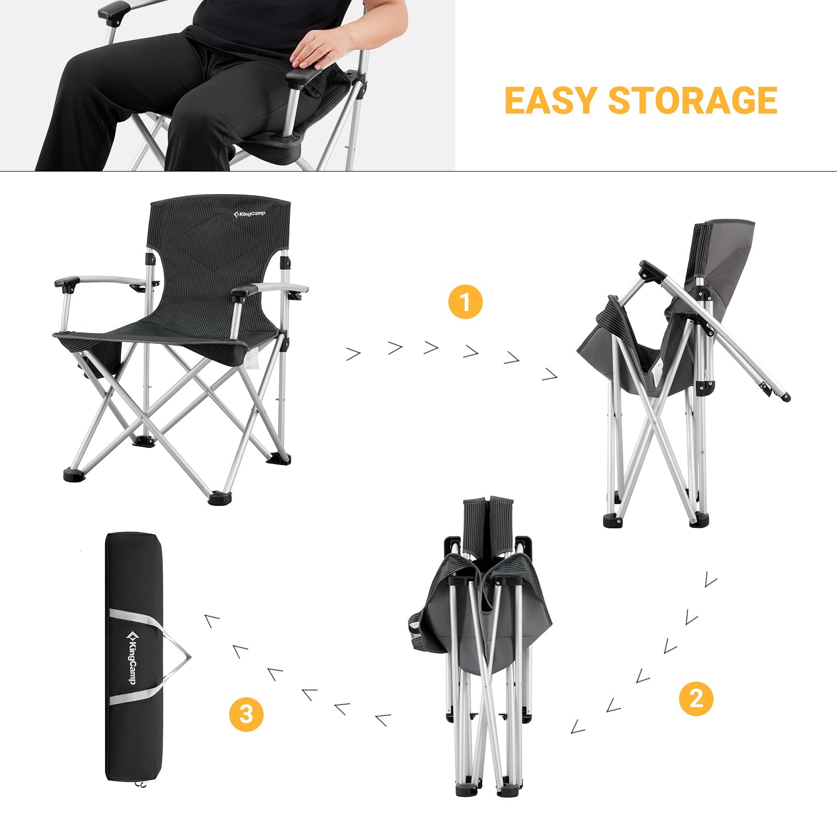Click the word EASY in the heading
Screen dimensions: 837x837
pyautogui.click(x=550, y=100)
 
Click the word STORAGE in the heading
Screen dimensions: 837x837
pyautogui.click(x=693, y=100)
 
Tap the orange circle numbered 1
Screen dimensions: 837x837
pyautogui.click(x=465, y=302)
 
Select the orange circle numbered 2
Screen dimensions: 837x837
pyautogui.click(x=696, y=698)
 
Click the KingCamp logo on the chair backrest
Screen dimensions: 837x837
pyautogui.click(x=250, y=214)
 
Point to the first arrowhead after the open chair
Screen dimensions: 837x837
pyautogui.click(x=354, y=354)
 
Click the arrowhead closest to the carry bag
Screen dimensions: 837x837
pyautogui.click(x=212, y=620)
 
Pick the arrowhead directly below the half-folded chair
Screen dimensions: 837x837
pyautogui.click(x=710, y=579)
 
